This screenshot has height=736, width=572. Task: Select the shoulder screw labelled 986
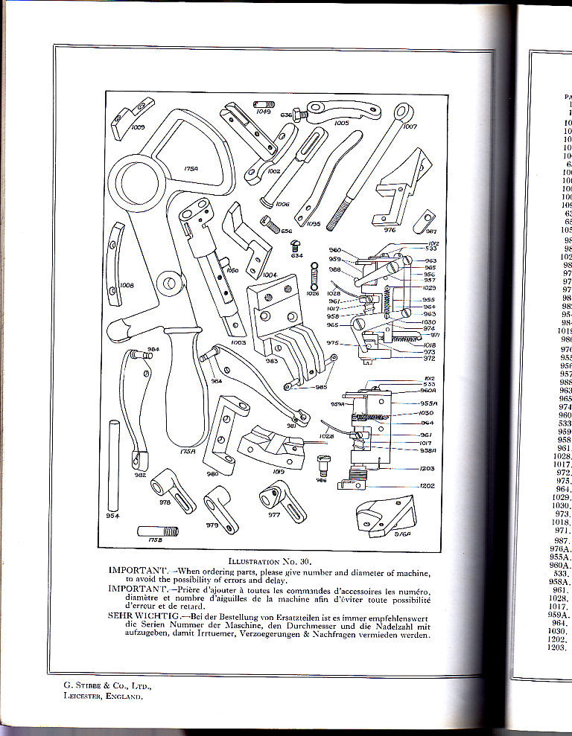(322, 465)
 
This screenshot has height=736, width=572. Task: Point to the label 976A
(402, 533)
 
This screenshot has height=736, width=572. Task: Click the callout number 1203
(428, 469)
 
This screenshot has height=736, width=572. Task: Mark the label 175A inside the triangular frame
(191, 169)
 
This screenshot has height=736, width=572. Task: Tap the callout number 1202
(428, 486)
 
